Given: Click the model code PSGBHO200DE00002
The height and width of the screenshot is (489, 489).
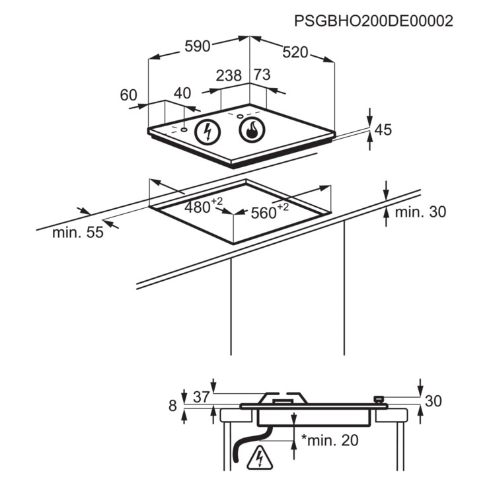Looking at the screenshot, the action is (x=373, y=21).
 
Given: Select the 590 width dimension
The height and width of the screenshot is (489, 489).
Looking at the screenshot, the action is (x=198, y=46).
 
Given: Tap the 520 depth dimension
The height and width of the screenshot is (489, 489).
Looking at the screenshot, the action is (x=295, y=52).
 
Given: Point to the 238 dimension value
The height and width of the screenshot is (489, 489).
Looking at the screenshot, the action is (x=229, y=75).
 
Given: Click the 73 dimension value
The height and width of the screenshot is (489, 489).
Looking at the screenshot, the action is (x=262, y=75).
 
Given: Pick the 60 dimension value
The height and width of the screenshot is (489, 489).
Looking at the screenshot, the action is (x=128, y=94).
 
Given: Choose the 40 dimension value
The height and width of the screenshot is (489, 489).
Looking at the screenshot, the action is (x=182, y=93).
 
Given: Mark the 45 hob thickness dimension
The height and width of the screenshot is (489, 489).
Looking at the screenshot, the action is (x=383, y=130).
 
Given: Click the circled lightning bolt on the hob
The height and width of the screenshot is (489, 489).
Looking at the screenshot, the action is (x=207, y=132).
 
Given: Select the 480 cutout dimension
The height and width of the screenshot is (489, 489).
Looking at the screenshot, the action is (x=204, y=206).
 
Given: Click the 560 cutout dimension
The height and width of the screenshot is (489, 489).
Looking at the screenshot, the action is (x=270, y=211).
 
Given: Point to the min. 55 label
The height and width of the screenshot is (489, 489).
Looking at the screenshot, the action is (x=78, y=233).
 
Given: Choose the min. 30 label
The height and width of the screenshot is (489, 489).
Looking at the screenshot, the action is (x=420, y=211).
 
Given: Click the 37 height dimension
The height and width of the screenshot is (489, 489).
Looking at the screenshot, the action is (x=201, y=397).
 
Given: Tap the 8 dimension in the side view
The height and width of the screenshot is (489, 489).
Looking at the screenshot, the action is (x=172, y=406).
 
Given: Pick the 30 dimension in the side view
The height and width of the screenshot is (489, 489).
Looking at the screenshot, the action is (x=433, y=400).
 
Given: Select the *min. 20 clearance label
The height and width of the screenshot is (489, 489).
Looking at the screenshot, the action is (x=330, y=440).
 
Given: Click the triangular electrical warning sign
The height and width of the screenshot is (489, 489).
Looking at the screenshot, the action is (x=260, y=458).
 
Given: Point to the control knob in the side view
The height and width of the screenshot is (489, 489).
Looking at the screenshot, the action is (x=378, y=399).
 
